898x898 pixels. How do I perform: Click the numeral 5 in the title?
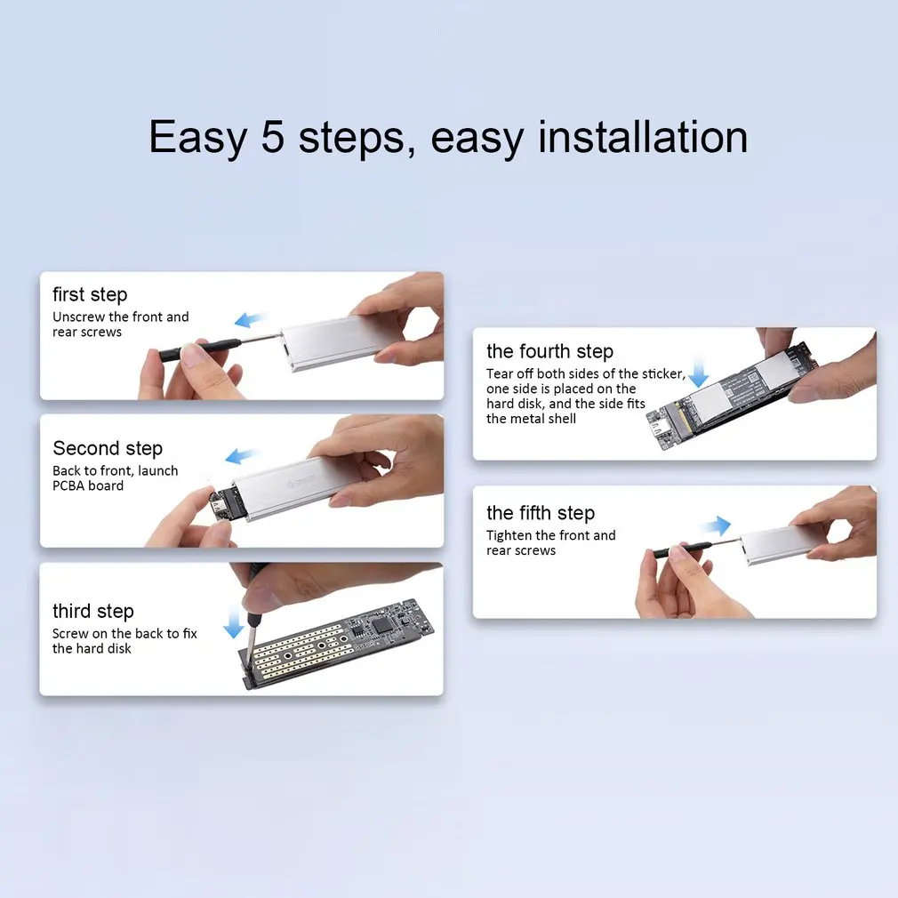click(x=273, y=137)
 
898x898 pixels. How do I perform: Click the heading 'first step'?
click(x=90, y=294)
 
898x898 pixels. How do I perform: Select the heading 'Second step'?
click(x=108, y=448)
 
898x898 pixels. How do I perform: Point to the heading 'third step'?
click(x=93, y=611)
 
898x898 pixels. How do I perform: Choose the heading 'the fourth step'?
click(x=549, y=351)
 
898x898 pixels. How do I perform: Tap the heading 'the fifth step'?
click(x=541, y=513)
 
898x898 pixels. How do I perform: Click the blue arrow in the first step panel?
click(x=250, y=319)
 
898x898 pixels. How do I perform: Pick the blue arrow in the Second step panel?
click(x=241, y=456)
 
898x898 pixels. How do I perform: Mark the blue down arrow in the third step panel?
click(x=234, y=623)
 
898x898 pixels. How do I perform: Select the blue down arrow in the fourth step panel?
click(x=698, y=372)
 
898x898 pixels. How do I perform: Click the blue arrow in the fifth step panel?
click(x=716, y=525)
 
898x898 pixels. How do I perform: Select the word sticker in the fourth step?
click(x=663, y=374)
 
